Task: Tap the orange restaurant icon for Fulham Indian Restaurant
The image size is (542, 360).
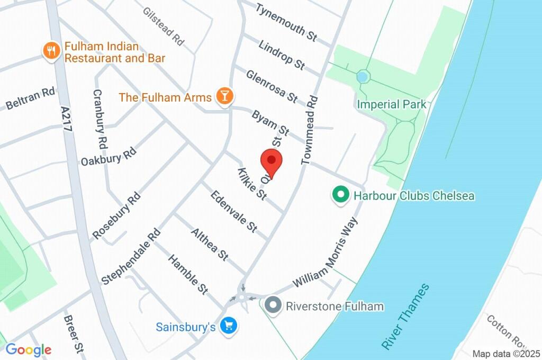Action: point(51,51)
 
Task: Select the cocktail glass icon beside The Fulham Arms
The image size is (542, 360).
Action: point(225,96)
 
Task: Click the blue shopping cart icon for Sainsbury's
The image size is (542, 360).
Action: point(229,326)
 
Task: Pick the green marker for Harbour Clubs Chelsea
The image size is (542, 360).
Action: point(339,195)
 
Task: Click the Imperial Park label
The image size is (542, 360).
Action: point(392,104)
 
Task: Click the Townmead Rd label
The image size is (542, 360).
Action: point(309,130)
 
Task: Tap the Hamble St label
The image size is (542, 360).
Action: point(188,274)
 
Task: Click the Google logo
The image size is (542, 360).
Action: point(28,349)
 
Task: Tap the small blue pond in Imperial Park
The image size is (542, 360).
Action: point(362,77)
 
